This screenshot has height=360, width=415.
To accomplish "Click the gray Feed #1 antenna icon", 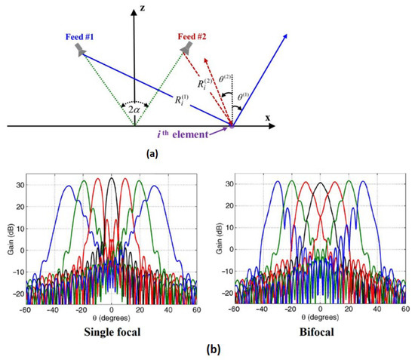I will [x=79, y=50].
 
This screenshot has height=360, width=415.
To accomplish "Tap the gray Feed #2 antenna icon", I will [x=184, y=48].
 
